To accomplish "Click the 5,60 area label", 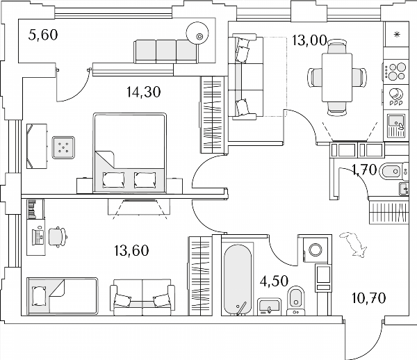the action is pyautogui.click(x=43, y=35).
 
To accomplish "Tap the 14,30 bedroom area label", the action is pyautogui.click(x=144, y=92).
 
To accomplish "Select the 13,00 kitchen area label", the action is pyautogui.click(x=309, y=40).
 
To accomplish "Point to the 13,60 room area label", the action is pyautogui.click(x=131, y=250).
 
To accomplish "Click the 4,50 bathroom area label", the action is pyautogui.click(x=275, y=281).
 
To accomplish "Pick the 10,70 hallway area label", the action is pyautogui.click(x=368, y=297).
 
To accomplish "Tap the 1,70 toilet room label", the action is pyautogui.click(x=364, y=170).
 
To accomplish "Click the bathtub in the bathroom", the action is pyautogui.click(x=238, y=279).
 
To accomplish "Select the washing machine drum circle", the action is pyautogui.click(x=316, y=250).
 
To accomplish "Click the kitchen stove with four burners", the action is pyautogui.click(x=395, y=72).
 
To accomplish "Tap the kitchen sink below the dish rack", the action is pyautogui.click(x=396, y=126).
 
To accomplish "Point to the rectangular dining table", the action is pyautogui.click(x=337, y=77).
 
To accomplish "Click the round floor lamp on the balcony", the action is pyautogui.click(x=197, y=33).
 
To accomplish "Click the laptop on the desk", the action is pyautogui.click(x=38, y=236).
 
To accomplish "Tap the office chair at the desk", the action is pyautogui.click(x=57, y=237).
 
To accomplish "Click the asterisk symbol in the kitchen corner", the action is pyautogui.click(x=397, y=34).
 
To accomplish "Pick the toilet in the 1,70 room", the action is pyautogui.click(x=393, y=171).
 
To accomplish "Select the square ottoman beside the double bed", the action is pyautogui.click(x=63, y=148).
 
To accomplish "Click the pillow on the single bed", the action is pyautogui.click(x=39, y=295).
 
